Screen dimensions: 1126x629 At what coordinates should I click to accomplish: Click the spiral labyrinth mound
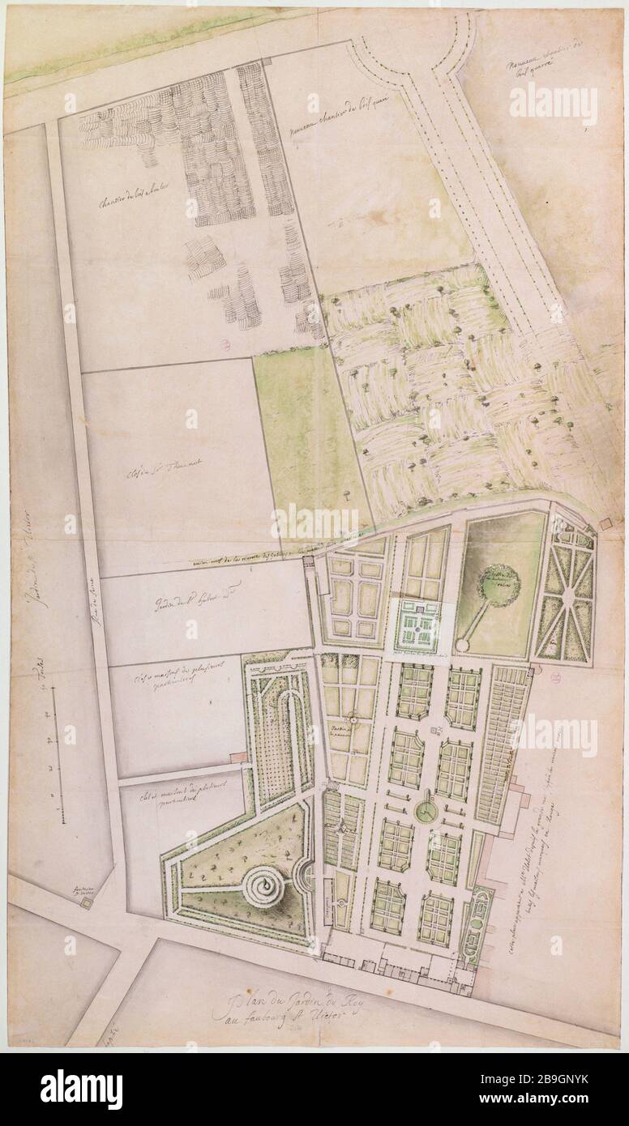click(260, 889)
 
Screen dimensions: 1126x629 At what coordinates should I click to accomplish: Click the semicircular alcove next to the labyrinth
click(304, 875)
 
